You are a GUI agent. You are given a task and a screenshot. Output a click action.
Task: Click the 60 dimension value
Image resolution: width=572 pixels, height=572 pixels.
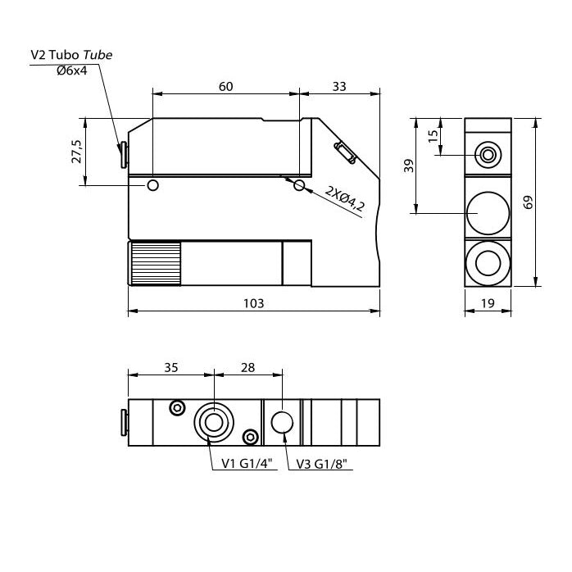[x=225, y=85]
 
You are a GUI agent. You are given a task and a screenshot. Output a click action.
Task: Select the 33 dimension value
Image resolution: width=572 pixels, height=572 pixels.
[x=339, y=85]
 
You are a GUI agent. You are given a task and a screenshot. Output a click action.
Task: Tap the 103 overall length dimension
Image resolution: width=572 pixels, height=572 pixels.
[x=254, y=303]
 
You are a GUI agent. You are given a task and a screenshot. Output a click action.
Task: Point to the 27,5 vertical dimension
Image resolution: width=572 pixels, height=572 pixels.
[x=77, y=152]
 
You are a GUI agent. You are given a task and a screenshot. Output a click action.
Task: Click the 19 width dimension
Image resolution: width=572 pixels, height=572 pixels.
[x=487, y=303]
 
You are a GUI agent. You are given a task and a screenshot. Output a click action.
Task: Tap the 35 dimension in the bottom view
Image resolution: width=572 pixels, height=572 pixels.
[x=170, y=367]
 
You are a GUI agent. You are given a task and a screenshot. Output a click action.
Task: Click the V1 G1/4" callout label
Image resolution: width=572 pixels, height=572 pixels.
[x=247, y=464]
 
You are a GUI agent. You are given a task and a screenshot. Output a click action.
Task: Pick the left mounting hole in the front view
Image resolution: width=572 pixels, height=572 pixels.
[x=152, y=186]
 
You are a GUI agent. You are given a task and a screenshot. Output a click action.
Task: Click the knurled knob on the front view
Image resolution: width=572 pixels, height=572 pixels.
[x=155, y=263]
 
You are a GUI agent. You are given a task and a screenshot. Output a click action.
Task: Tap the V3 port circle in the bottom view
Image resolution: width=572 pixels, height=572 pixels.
[x=283, y=422]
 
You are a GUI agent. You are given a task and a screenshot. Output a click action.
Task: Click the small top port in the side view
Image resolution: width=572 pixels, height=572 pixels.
[x=488, y=153]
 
